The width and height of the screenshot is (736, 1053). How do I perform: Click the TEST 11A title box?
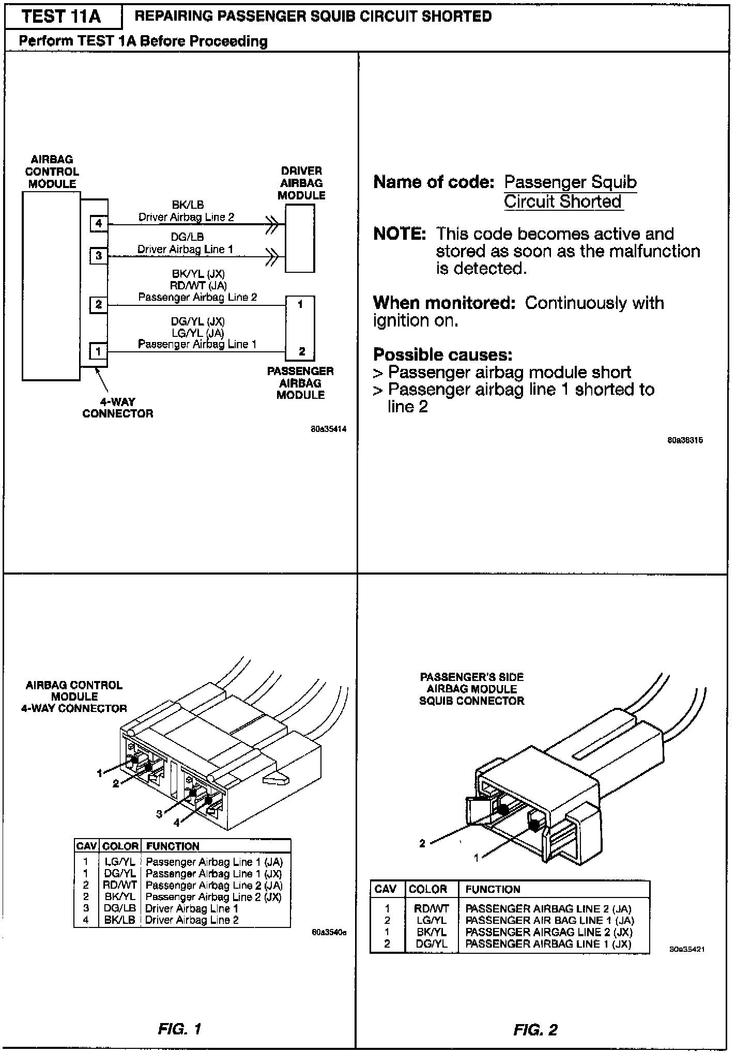pyautogui.click(x=62, y=17)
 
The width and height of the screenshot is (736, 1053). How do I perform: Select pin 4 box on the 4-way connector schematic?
pyautogui.click(x=99, y=224)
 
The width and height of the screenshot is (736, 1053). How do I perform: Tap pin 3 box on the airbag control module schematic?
pyautogui.click(x=99, y=256)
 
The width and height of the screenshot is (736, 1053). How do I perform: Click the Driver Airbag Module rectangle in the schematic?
pyautogui.click(x=300, y=238)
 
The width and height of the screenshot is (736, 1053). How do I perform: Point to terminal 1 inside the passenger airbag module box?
pyautogui.click(x=301, y=305)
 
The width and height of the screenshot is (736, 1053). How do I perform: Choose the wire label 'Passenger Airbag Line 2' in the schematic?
pyautogui.click(x=197, y=298)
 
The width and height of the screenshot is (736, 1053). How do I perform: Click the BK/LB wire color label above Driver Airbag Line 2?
pyautogui.click(x=188, y=205)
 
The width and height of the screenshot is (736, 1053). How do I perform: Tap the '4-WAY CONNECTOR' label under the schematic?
pyautogui.click(x=118, y=408)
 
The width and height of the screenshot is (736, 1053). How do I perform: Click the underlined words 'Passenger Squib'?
pyautogui.click(x=570, y=182)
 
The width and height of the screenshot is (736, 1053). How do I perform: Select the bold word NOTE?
pyautogui.click(x=400, y=234)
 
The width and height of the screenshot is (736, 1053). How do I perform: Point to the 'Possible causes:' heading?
pyautogui.click(x=443, y=355)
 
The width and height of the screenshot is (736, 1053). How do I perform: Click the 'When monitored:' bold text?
pyautogui.click(x=444, y=303)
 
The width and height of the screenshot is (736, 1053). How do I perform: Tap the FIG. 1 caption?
pyautogui.click(x=179, y=1029)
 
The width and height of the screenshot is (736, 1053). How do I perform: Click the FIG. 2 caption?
pyautogui.click(x=535, y=1030)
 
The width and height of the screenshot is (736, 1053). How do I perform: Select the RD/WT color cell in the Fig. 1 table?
pyautogui.click(x=120, y=885)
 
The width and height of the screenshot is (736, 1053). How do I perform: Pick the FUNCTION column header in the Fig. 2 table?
pyautogui.click(x=493, y=889)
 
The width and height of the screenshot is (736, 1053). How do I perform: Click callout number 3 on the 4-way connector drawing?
pyautogui.click(x=160, y=814)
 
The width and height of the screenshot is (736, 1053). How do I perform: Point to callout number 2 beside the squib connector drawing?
pyautogui.click(x=422, y=843)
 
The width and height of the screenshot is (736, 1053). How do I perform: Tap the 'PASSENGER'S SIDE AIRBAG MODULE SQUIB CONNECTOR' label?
pyautogui.click(x=471, y=689)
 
